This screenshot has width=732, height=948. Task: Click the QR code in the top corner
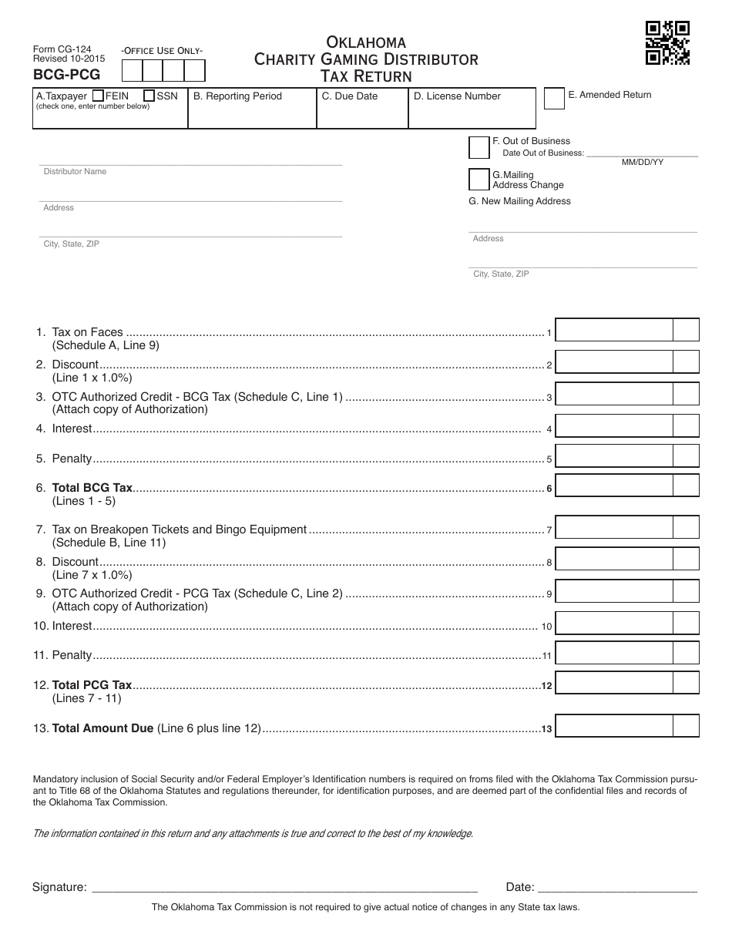coord(667,42)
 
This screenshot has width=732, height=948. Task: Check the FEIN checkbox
coord(98,96)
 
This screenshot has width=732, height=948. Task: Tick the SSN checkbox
coord(149,96)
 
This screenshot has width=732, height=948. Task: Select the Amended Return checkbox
coord(554,99)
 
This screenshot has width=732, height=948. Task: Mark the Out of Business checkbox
coord(479,146)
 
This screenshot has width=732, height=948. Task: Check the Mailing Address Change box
coord(479,180)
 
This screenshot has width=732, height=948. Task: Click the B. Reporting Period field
coord(252,113)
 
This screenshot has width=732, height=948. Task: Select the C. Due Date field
coord(361,113)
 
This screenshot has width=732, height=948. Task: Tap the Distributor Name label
coord(75,172)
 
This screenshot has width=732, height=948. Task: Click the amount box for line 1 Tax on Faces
coord(613,330)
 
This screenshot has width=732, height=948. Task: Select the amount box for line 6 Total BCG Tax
coord(613,486)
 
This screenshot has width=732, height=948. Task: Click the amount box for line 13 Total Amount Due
coord(613,726)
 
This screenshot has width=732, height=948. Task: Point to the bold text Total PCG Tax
coord(92,684)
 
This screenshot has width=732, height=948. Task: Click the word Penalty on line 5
coord(72,459)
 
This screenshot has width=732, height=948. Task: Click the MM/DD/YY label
coord(643,163)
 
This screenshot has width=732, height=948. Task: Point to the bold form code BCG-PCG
coord(66,75)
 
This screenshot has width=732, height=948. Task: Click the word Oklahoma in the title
coord(366,42)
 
